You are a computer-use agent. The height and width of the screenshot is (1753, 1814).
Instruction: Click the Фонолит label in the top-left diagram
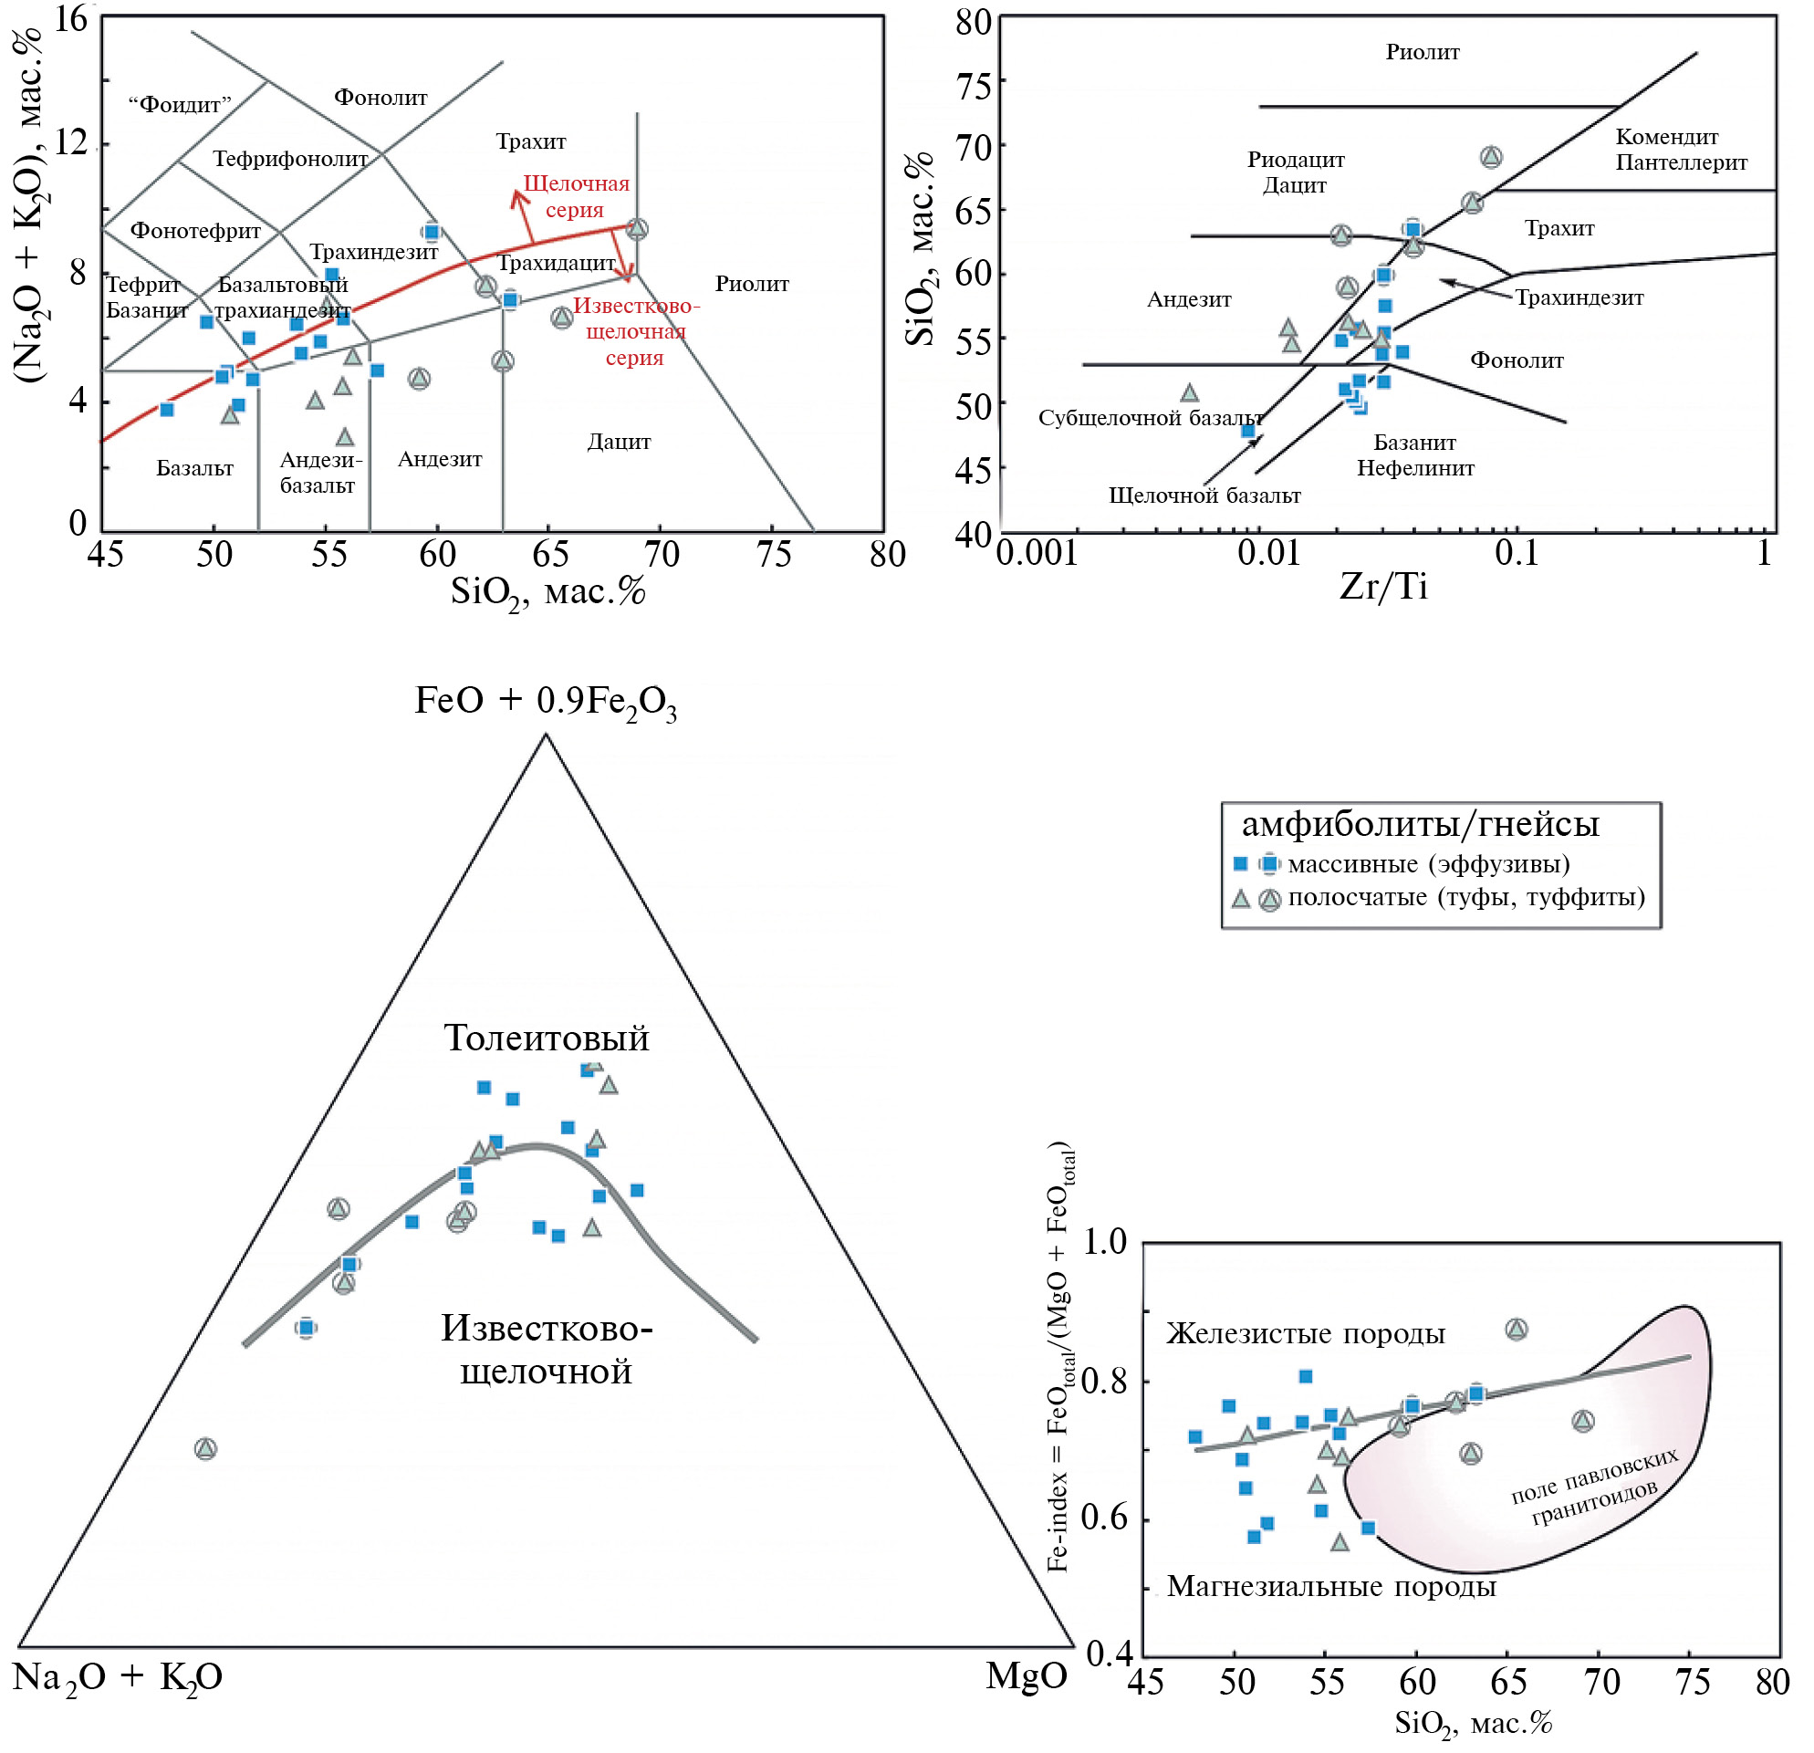381,97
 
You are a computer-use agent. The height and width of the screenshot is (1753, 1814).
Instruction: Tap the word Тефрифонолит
290,159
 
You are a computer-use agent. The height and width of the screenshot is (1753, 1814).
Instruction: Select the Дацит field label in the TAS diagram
619,442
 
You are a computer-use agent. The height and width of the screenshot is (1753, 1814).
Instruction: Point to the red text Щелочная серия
576,196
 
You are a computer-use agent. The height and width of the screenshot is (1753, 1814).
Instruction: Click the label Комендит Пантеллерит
1681,150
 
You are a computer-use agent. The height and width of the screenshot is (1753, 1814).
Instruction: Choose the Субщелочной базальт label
1151,418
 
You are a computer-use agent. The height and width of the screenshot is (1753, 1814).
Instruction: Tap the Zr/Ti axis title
1383,587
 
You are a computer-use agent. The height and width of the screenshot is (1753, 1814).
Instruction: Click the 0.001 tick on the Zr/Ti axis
1037,554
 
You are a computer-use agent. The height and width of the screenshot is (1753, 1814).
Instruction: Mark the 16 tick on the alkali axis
71,18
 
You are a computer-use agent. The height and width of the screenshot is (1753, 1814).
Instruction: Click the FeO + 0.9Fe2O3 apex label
545,702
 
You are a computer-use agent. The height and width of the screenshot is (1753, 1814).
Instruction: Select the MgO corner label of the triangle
1027,1675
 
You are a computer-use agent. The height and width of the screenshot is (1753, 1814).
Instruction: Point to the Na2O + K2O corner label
118,1677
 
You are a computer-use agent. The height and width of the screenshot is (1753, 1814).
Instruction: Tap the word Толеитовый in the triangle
546,1038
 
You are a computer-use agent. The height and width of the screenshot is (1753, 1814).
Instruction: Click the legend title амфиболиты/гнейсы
1420,824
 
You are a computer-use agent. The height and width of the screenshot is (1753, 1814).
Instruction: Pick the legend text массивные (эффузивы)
1429,864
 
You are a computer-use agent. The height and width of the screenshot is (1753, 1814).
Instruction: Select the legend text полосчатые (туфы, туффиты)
1467,897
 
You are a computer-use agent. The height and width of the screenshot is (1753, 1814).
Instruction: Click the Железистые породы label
1305,1333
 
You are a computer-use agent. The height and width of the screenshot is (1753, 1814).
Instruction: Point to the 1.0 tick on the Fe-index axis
1104,1242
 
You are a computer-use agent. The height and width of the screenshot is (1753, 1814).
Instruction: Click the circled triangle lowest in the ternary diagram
205,1448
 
